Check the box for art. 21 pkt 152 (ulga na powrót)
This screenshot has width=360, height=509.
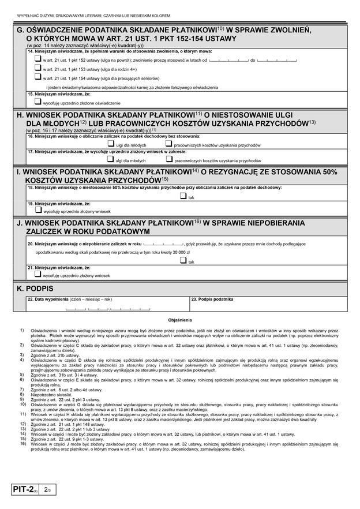(38, 59)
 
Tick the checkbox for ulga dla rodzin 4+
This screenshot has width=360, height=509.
(38, 68)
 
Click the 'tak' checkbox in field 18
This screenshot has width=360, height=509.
(183, 196)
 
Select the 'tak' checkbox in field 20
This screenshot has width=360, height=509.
(183, 260)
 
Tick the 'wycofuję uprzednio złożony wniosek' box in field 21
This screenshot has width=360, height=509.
(38, 275)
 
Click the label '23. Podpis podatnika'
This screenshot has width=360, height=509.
(212, 300)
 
